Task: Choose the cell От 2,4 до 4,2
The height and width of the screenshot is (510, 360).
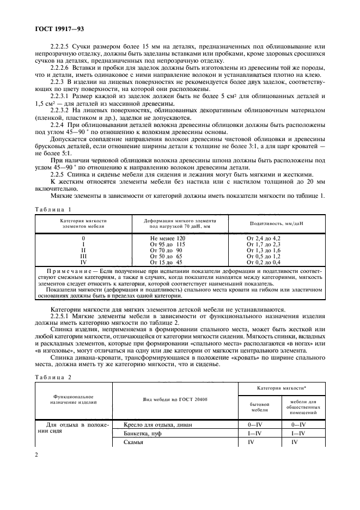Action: click(x=264, y=239)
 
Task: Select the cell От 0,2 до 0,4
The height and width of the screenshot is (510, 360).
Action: click(x=264, y=262)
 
